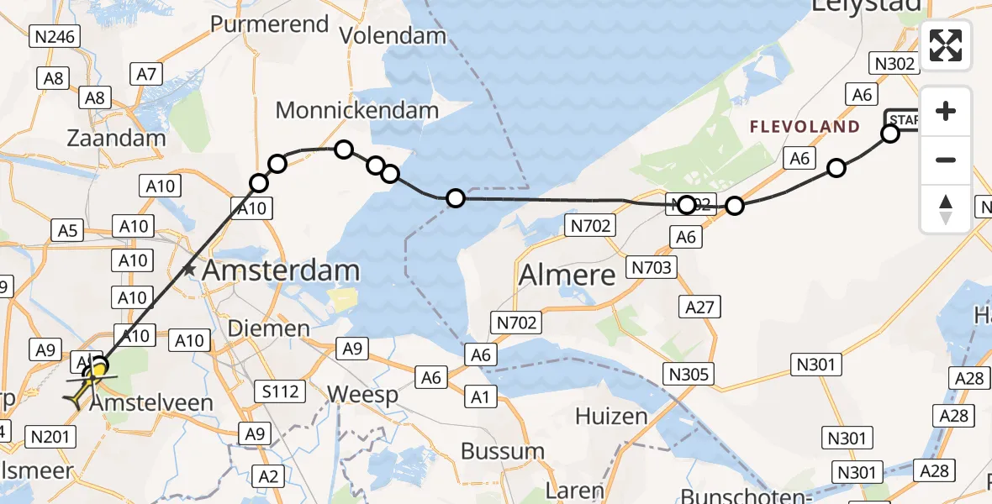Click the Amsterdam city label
pos(281,270)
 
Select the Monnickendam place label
pos(357,110)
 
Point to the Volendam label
pos(393,35)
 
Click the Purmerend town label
pos(269,24)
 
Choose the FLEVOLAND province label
pos(805,128)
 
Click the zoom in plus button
pos(946,111)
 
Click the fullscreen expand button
pos(946,45)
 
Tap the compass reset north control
pos(946,208)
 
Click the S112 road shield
pos(277,391)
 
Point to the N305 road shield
pos(687,374)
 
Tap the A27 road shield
pos(699,307)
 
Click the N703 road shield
pos(651,269)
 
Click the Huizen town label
pos(611,417)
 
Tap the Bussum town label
pos(503,451)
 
